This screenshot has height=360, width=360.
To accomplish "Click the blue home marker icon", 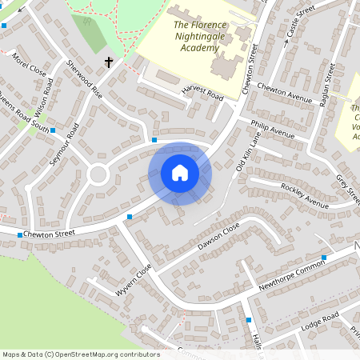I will [180, 173].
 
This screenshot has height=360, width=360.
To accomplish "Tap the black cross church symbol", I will [109, 62].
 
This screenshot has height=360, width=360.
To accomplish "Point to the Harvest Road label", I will [201, 94].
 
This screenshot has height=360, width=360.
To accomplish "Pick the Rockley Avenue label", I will [304, 195].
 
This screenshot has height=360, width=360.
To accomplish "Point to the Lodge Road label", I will [320, 321].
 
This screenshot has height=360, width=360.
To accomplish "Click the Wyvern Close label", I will [133, 281].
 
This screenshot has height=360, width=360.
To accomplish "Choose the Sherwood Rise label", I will [84, 78].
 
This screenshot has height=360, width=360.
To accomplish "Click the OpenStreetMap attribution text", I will [81, 354].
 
